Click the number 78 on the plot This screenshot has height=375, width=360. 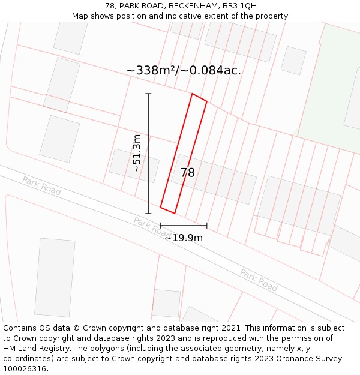pyautogui.click(x=188, y=173)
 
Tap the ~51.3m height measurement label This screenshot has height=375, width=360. pyautogui.click(x=137, y=154)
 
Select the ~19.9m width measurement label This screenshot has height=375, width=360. pyautogui.click(x=184, y=238)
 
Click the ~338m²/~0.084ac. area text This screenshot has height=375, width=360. pyautogui.click(x=184, y=70)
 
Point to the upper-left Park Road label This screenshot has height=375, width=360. pyautogui.click(x=41, y=185)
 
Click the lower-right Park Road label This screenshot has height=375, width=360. pyautogui.click(x=259, y=280)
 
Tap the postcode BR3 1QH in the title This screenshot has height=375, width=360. pyautogui.click(x=242, y=6)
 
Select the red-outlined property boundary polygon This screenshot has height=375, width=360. pyautogui.click(x=184, y=154)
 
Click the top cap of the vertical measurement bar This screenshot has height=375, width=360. pyautogui.click(x=149, y=94)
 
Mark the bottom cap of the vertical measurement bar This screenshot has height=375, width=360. pyautogui.click(x=149, y=213)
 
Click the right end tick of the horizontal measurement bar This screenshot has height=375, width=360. pyautogui.click(x=207, y=226)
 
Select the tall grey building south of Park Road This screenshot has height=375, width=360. pyautogui.click(x=55, y=277)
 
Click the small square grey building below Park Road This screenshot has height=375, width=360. pyautogui.click(x=166, y=303)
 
